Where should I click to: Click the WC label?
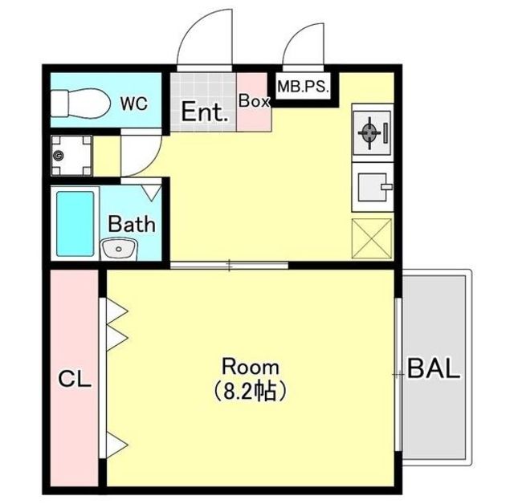(x=134, y=104)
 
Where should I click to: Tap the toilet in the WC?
(x=80, y=104)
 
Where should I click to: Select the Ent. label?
(x=205, y=112)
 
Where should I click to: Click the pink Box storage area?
(x=254, y=102)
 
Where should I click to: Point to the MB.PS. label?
(x=303, y=87)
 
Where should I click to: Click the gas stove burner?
(x=370, y=132)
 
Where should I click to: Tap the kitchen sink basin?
(x=373, y=187)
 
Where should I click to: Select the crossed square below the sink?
(x=372, y=238)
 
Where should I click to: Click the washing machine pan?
(x=71, y=156)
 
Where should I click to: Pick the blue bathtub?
(x=75, y=224)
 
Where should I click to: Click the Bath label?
(x=132, y=224)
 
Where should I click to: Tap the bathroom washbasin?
(x=119, y=250)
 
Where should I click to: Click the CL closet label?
(x=75, y=380)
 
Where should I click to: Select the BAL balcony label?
(x=434, y=368)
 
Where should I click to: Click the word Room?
(x=251, y=367)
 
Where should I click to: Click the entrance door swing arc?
(x=190, y=31)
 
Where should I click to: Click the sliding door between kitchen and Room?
(x=229, y=265)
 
